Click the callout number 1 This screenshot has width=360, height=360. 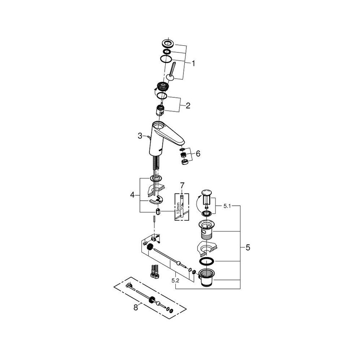tap(193, 64)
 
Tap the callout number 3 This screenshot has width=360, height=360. tap(140, 136)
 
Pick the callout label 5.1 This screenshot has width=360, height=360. tap(227, 206)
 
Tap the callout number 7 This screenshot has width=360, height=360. tap(182, 185)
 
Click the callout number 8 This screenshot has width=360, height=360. tap(136, 308)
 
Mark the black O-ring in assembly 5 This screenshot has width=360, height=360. tap(206, 261)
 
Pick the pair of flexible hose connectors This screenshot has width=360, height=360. tap(154, 271)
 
